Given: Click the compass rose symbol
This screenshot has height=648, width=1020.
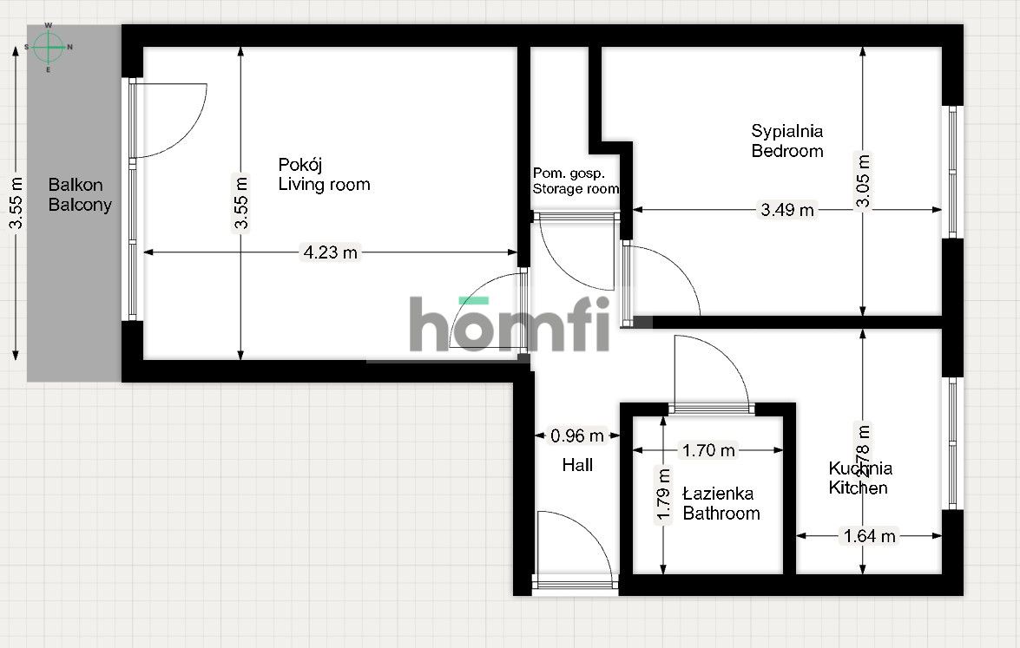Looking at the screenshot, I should (x=48, y=47).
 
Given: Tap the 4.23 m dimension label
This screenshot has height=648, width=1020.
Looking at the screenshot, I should (x=329, y=253).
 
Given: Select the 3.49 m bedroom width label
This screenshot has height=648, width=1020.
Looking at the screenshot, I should (x=787, y=210).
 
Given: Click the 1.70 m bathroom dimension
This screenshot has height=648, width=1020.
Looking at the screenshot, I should (x=708, y=450).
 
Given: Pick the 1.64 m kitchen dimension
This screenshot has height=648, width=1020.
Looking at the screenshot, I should (x=869, y=536).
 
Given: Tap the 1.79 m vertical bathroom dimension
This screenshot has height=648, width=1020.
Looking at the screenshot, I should (x=664, y=495).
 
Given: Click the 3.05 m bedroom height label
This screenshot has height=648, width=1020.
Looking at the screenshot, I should (x=862, y=181).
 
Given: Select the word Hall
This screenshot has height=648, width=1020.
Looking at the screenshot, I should (x=577, y=466).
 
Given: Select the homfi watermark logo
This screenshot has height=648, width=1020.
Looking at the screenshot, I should (x=510, y=324).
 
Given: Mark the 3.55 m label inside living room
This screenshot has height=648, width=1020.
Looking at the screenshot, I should (x=241, y=203).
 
